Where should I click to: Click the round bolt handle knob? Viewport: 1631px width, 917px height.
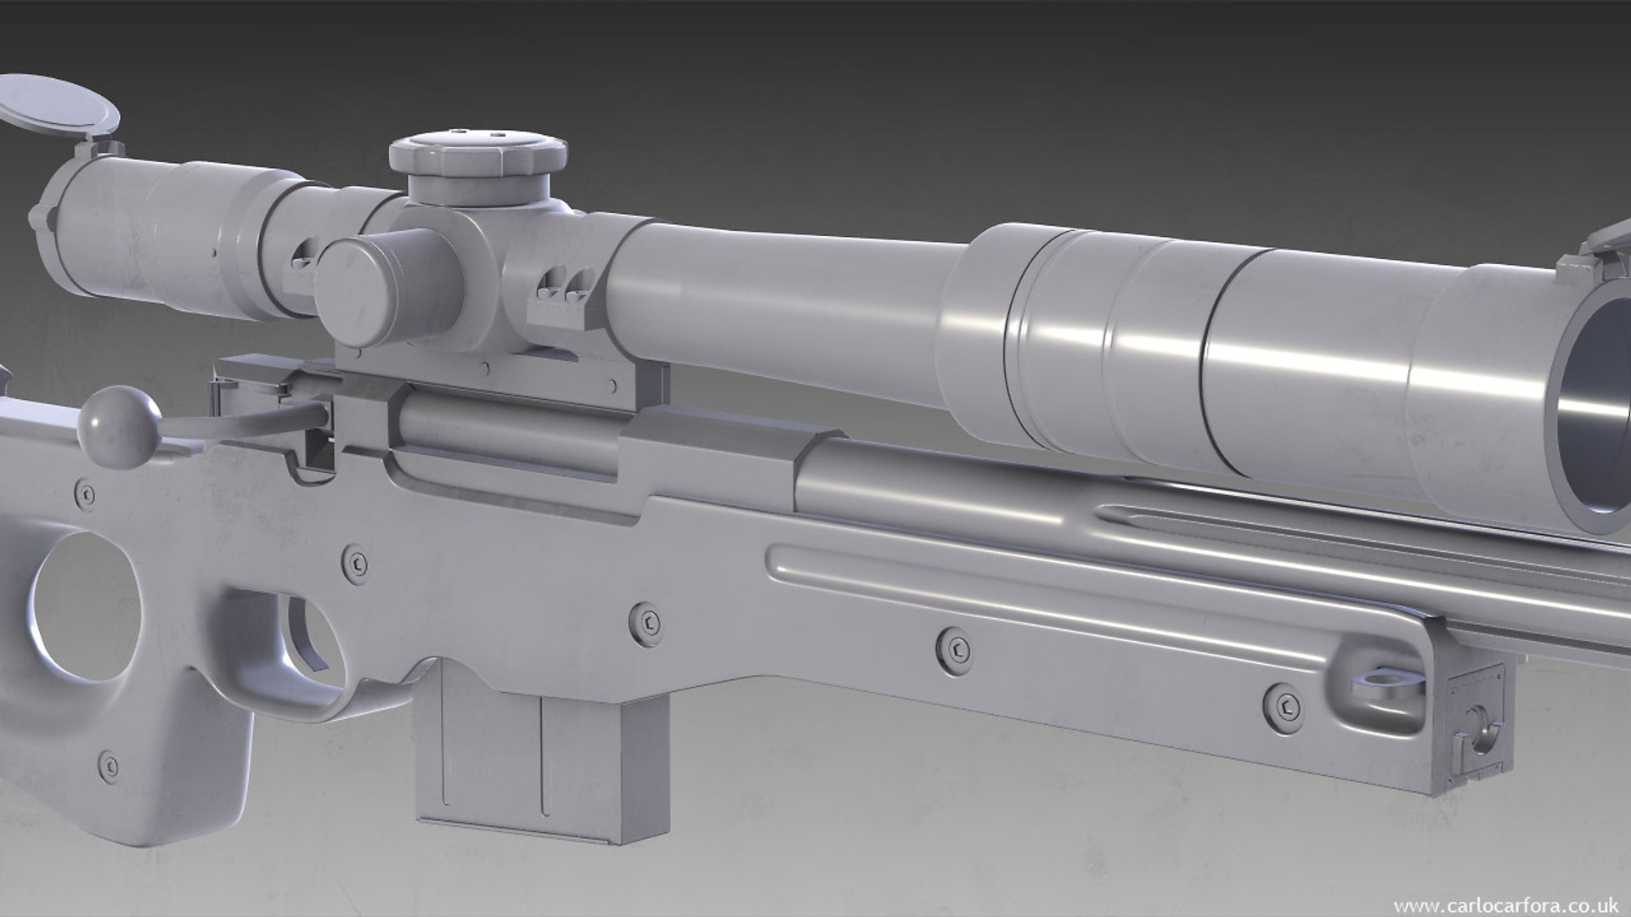pyautogui.click(x=118, y=425)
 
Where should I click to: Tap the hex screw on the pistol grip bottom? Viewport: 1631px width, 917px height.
pyautogui.click(x=109, y=765)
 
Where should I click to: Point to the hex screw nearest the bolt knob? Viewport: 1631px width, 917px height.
pyautogui.click(x=85, y=493)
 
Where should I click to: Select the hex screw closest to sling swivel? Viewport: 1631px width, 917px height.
pyautogui.click(x=1283, y=706)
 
